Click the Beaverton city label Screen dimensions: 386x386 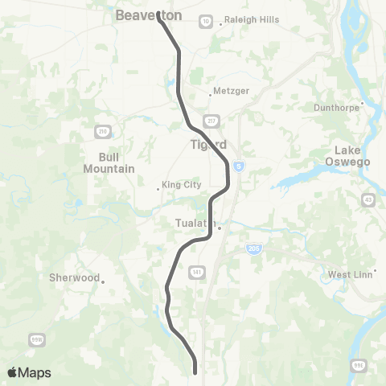click(149, 15)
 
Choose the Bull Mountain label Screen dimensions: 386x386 click(109, 162)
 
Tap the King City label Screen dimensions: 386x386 click(181, 185)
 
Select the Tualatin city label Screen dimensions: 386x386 click(196, 224)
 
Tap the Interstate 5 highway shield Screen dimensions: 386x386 click(239, 166)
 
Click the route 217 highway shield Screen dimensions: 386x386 click(212, 121)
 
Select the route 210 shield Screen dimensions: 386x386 click(102, 132)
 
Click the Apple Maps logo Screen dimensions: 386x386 click(29, 372)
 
